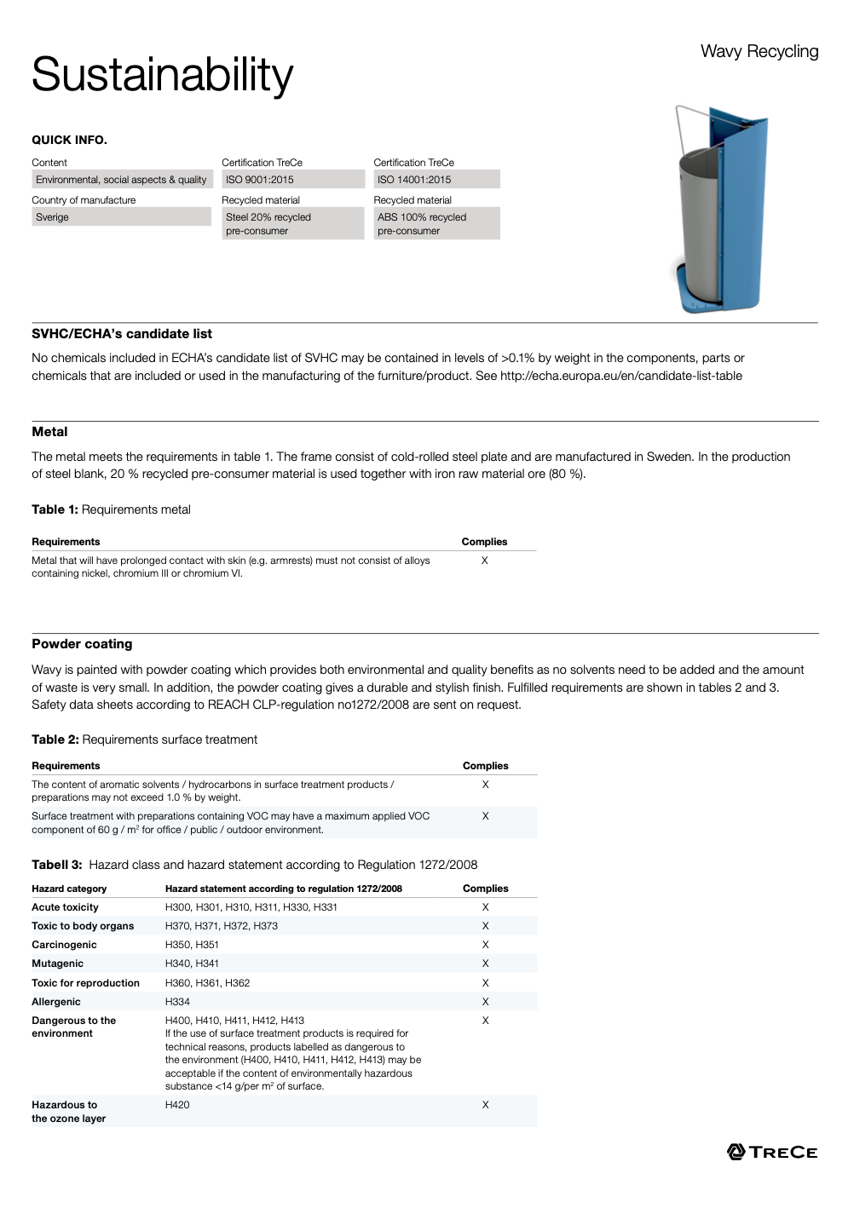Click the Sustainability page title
tap(162, 75)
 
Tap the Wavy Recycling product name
tap(759, 51)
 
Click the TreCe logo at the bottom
tap(772, 1152)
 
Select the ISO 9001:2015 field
tap(292, 180)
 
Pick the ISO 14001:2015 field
tap(436, 180)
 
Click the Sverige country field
tap(121, 217)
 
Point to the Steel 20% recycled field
tap(292, 224)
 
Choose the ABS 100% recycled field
tap(436, 224)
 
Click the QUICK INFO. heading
tap(69, 140)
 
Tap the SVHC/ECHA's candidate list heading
tap(122, 334)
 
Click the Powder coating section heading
tap(82, 644)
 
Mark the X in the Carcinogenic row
tap(486, 945)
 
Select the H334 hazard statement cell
tap(177, 1002)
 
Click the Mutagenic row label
tap(57, 964)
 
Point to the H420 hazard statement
tap(177, 1105)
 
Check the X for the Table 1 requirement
tap(485, 561)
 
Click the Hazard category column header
tap(69, 889)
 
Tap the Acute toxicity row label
tap(65, 907)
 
